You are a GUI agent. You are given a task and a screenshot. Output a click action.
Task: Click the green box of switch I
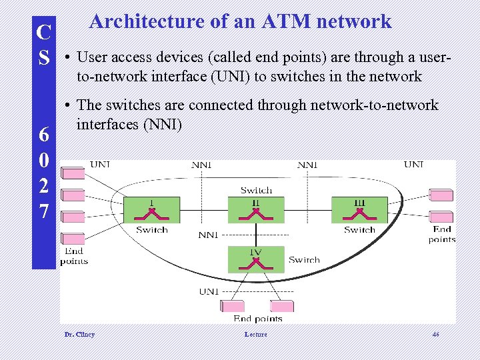(151, 210)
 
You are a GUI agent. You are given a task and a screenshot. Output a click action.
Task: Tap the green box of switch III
(359, 210)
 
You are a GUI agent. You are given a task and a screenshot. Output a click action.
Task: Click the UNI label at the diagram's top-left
(100, 165)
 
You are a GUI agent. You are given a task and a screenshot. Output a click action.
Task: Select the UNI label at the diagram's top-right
(413, 165)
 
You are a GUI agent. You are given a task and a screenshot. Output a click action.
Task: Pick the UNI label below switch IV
(209, 291)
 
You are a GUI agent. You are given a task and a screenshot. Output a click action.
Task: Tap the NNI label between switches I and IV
(208, 235)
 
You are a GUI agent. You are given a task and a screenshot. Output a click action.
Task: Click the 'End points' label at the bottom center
(258, 319)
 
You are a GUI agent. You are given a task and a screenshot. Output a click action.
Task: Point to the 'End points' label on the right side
(442, 234)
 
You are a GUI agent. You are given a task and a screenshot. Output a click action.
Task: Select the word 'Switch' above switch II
(256, 191)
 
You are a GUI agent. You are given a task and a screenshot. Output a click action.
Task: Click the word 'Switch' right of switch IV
(304, 259)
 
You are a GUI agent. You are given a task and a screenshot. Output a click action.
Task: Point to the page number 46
(435, 334)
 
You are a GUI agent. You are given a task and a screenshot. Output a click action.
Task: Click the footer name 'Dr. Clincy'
(79, 334)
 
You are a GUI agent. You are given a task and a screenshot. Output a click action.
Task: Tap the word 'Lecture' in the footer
(255, 334)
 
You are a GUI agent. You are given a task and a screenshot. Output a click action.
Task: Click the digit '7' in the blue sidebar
(43, 212)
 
